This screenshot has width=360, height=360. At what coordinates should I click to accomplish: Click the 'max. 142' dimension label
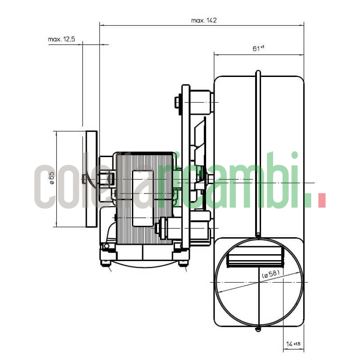tap(204, 20)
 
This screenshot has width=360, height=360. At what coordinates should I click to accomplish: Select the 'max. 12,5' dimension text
tap(61, 40)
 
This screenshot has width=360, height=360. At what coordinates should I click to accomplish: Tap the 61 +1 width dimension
tap(258, 49)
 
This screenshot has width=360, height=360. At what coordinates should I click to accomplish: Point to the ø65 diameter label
tap(51, 179)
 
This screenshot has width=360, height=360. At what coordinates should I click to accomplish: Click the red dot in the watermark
tap(321, 201)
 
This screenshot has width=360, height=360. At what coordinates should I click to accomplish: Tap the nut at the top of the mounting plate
tap(177, 103)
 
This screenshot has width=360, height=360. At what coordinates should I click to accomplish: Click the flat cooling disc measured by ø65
tap(91, 179)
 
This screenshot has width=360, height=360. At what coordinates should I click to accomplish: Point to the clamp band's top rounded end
tap(258, 73)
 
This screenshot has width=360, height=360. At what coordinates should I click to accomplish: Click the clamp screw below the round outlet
tap(257, 329)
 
